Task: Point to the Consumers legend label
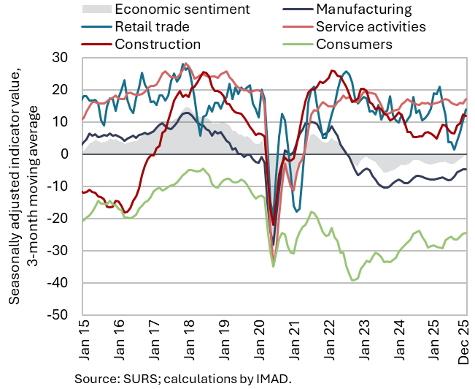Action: pos(355,45)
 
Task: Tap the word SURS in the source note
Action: pos(134,379)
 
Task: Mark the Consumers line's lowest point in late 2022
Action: pos(352,281)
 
